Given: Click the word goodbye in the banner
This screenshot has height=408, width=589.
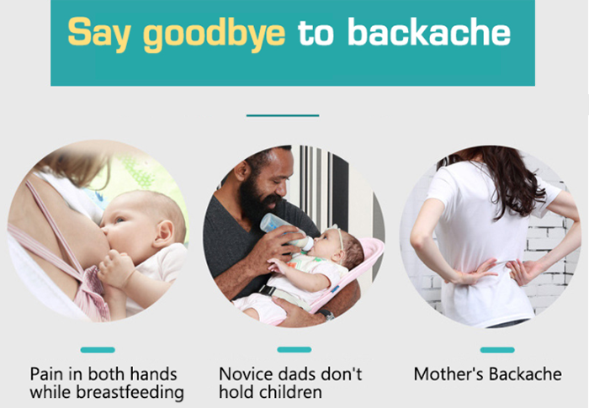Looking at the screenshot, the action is point(214,34).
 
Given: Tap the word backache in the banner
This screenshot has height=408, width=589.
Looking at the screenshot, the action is point(428,31).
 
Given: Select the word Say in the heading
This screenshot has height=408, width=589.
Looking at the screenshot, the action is point(99,34).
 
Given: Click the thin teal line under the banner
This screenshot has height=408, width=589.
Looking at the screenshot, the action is point(283,115).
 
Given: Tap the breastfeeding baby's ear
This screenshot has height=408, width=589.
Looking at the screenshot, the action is point(165,233).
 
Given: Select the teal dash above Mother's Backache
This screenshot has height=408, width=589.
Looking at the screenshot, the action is point(497,350).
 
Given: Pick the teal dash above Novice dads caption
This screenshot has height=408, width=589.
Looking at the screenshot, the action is point(294,349).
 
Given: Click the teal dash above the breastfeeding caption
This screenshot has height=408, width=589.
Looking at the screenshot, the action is point(98,350).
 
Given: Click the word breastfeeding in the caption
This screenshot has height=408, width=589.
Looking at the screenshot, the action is point(130,393).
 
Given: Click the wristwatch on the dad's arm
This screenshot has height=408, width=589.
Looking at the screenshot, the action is point(326,314).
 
